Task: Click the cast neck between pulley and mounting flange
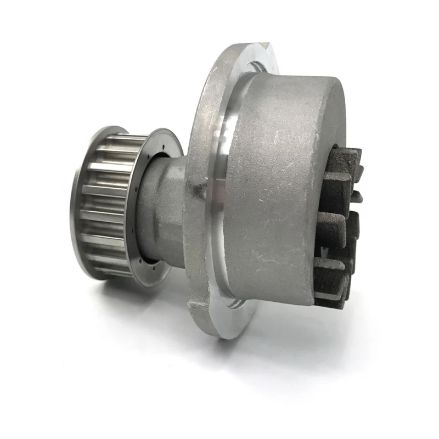coord(165,209)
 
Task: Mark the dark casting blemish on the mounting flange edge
coord(193,189)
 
